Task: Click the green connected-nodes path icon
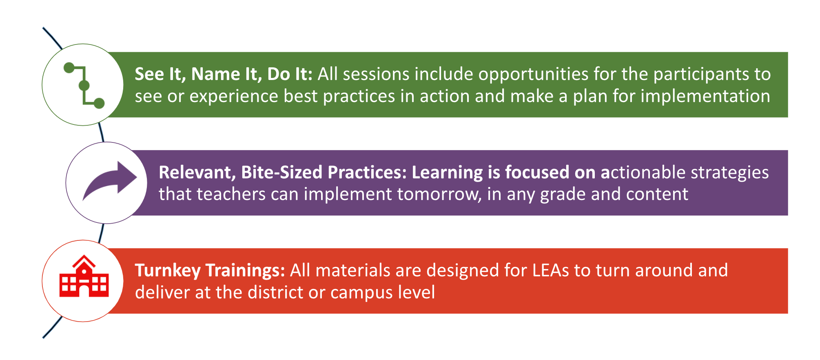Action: tap(84, 85)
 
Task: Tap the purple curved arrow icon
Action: tap(110, 181)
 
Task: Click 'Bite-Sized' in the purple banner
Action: tap(282, 172)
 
